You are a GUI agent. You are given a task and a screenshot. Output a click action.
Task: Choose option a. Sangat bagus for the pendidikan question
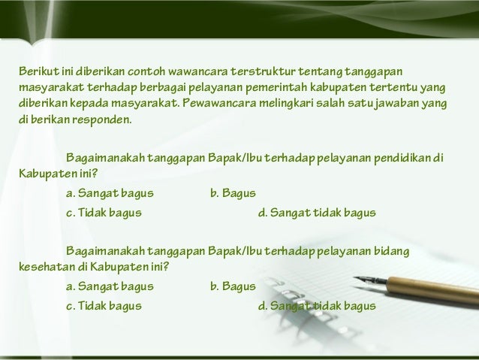(x=110, y=194)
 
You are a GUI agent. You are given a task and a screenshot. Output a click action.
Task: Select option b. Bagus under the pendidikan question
(x=233, y=194)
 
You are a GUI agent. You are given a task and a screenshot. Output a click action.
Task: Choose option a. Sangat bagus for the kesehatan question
(x=110, y=286)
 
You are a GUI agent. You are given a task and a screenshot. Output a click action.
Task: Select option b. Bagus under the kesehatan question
(x=233, y=286)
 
